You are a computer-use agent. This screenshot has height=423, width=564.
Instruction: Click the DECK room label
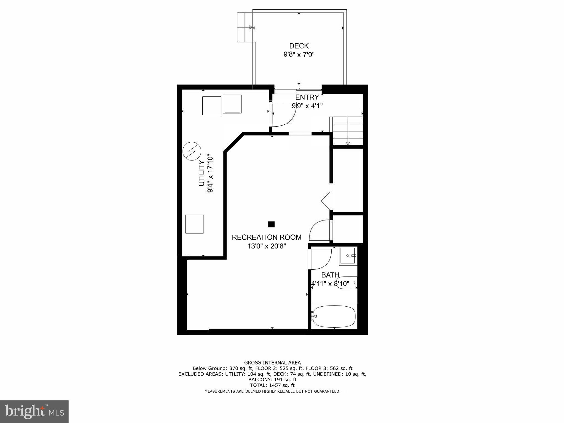point(299,46)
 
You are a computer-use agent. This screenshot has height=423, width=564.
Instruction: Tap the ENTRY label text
point(307,97)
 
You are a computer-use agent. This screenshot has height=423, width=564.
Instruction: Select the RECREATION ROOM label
point(266,237)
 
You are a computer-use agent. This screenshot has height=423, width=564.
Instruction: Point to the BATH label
point(330,275)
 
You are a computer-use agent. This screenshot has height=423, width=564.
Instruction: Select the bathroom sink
point(348,256)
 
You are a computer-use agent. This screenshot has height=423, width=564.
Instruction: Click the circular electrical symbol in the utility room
point(192,151)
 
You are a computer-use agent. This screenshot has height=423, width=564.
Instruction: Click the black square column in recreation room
point(271,224)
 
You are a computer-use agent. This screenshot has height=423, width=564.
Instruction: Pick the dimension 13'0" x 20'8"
point(267,246)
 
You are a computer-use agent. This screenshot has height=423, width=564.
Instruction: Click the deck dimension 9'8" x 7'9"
point(299,55)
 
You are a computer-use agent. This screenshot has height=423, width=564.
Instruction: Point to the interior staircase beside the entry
point(348,131)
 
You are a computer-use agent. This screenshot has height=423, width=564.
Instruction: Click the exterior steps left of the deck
point(245,27)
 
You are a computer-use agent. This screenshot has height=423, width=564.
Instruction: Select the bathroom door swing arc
point(321,259)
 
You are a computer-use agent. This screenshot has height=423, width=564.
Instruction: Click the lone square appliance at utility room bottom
point(194,224)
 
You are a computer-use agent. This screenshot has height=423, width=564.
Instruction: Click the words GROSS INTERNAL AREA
point(272,363)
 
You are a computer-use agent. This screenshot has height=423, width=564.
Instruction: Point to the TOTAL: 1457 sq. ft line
point(272,385)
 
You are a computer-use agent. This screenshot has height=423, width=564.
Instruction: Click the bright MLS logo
point(34,412)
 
